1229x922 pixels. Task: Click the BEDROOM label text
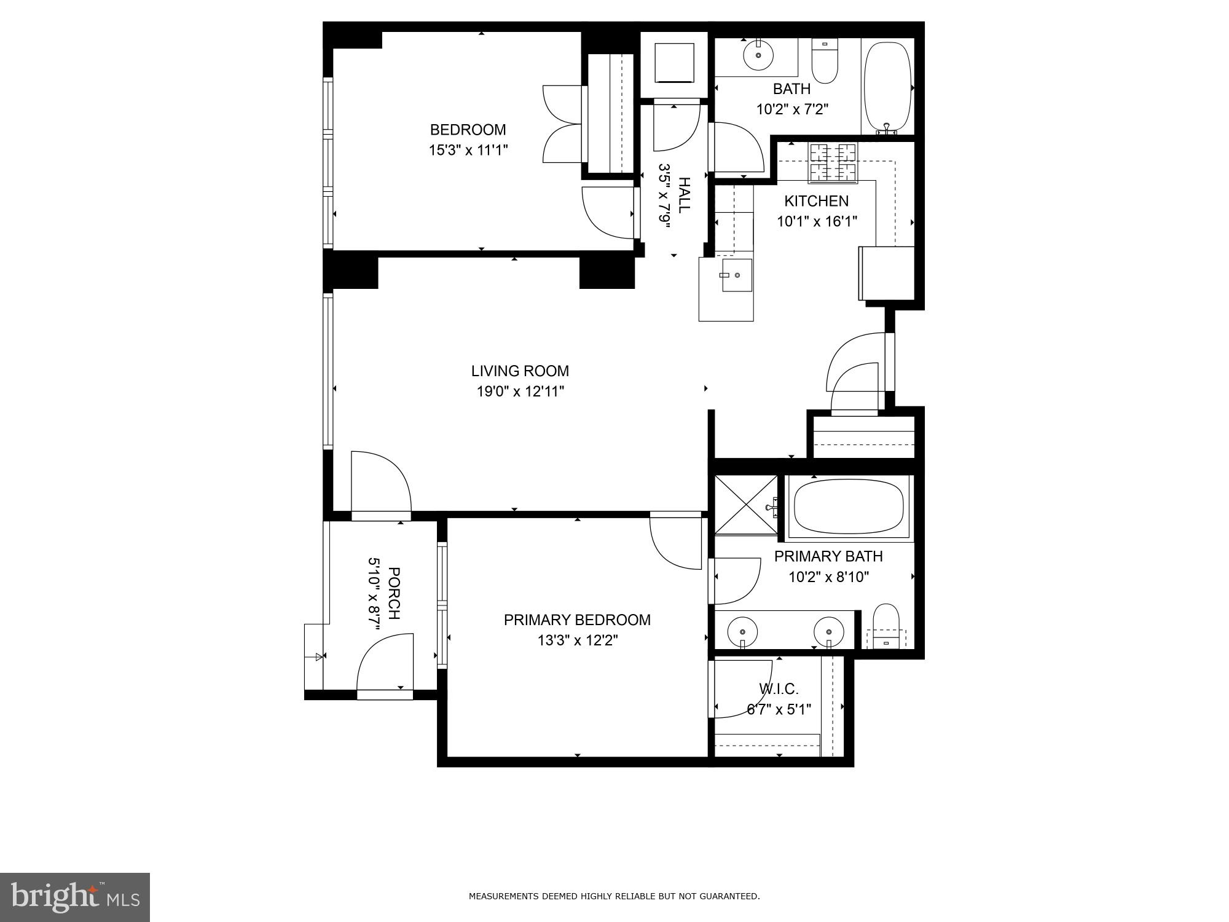click(468, 130)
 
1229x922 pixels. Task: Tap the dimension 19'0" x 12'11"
click(520, 392)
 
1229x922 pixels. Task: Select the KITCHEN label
click(816, 201)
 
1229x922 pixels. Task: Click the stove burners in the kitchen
click(833, 162)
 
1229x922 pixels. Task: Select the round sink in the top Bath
click(760, 56)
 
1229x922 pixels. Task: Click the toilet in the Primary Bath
click(886, 625)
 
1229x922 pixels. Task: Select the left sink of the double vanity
click(742, 631)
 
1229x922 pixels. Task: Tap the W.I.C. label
click(779, 689)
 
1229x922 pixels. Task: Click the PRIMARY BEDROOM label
click(576, 620)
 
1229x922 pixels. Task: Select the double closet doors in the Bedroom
click(562, 124)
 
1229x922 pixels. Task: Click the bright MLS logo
click(74, 897)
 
